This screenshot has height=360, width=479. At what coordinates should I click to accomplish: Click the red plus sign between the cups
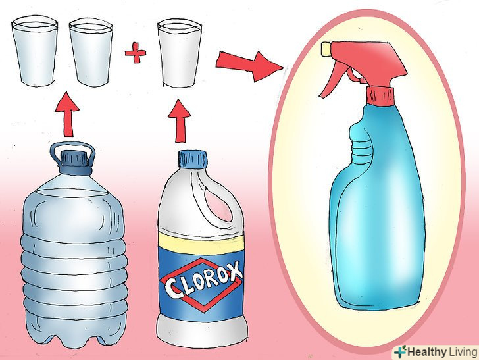point(136,53)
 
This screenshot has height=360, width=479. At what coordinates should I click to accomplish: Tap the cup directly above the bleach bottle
point(180,54)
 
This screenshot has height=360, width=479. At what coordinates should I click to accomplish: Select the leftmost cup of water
point(34,51)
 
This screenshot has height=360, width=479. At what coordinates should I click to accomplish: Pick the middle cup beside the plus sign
point(91,52)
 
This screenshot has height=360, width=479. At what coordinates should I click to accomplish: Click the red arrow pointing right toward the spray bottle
point(249,66)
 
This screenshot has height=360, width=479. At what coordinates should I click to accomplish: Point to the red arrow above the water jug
point(67,114)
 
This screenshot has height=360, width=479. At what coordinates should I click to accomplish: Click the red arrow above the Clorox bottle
point(180,120)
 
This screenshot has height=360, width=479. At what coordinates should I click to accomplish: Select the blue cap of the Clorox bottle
point(193,159)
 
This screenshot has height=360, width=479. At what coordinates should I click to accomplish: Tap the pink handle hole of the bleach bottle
point(218,203)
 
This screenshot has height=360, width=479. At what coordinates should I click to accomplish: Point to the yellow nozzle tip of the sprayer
point(326,49)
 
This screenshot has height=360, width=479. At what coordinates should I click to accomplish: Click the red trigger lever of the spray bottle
point(334,78)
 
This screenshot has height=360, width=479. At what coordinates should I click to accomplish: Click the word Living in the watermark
point(463,352)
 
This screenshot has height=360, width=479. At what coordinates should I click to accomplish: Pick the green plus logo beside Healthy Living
point(400,351)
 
